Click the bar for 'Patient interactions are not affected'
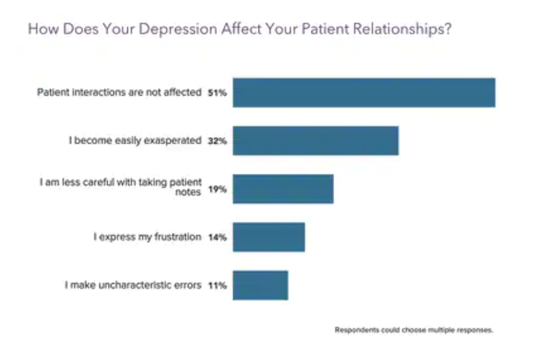(364, 93)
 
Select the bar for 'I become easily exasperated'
(316, 141)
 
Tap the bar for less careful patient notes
(283, 189)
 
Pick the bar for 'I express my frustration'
(268, 237)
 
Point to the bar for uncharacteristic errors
(260, 285)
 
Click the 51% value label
(217, 93)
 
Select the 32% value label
(217, 141)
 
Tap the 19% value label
(217, 190)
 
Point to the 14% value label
(217, 238)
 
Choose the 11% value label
(217, 286)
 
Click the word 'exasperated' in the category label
(172, 141)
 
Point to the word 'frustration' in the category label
(177, 237)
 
